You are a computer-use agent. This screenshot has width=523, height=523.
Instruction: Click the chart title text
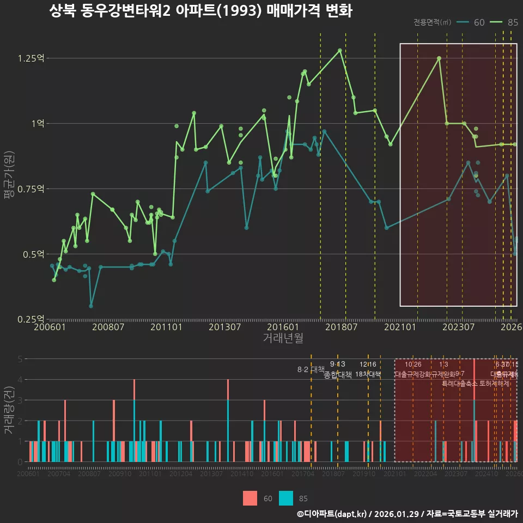(200, 11)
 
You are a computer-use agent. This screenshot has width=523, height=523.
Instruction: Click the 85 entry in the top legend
(512, 22)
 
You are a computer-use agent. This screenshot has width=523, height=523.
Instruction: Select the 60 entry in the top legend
(479, 22)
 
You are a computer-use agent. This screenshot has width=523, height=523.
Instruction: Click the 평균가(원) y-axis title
(9, 185)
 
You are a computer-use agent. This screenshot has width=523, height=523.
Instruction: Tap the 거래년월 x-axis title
(283, 338)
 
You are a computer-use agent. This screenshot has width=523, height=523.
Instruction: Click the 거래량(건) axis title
(9, 410)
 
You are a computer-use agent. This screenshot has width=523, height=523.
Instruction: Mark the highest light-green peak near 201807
(340, 50)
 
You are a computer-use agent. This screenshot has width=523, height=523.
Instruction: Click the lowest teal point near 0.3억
(91, 306)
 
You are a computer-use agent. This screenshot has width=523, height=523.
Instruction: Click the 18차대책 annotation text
(368, 374)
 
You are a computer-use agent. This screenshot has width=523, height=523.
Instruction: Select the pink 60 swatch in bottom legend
(250, 498)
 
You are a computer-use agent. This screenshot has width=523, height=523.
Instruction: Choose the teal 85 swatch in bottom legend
(286, 498)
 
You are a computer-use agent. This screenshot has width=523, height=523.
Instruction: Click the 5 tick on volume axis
(20, 359)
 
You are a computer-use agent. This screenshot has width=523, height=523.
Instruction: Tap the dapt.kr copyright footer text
(407, 514)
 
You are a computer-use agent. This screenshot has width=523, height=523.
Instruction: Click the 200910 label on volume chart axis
(119, 475)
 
